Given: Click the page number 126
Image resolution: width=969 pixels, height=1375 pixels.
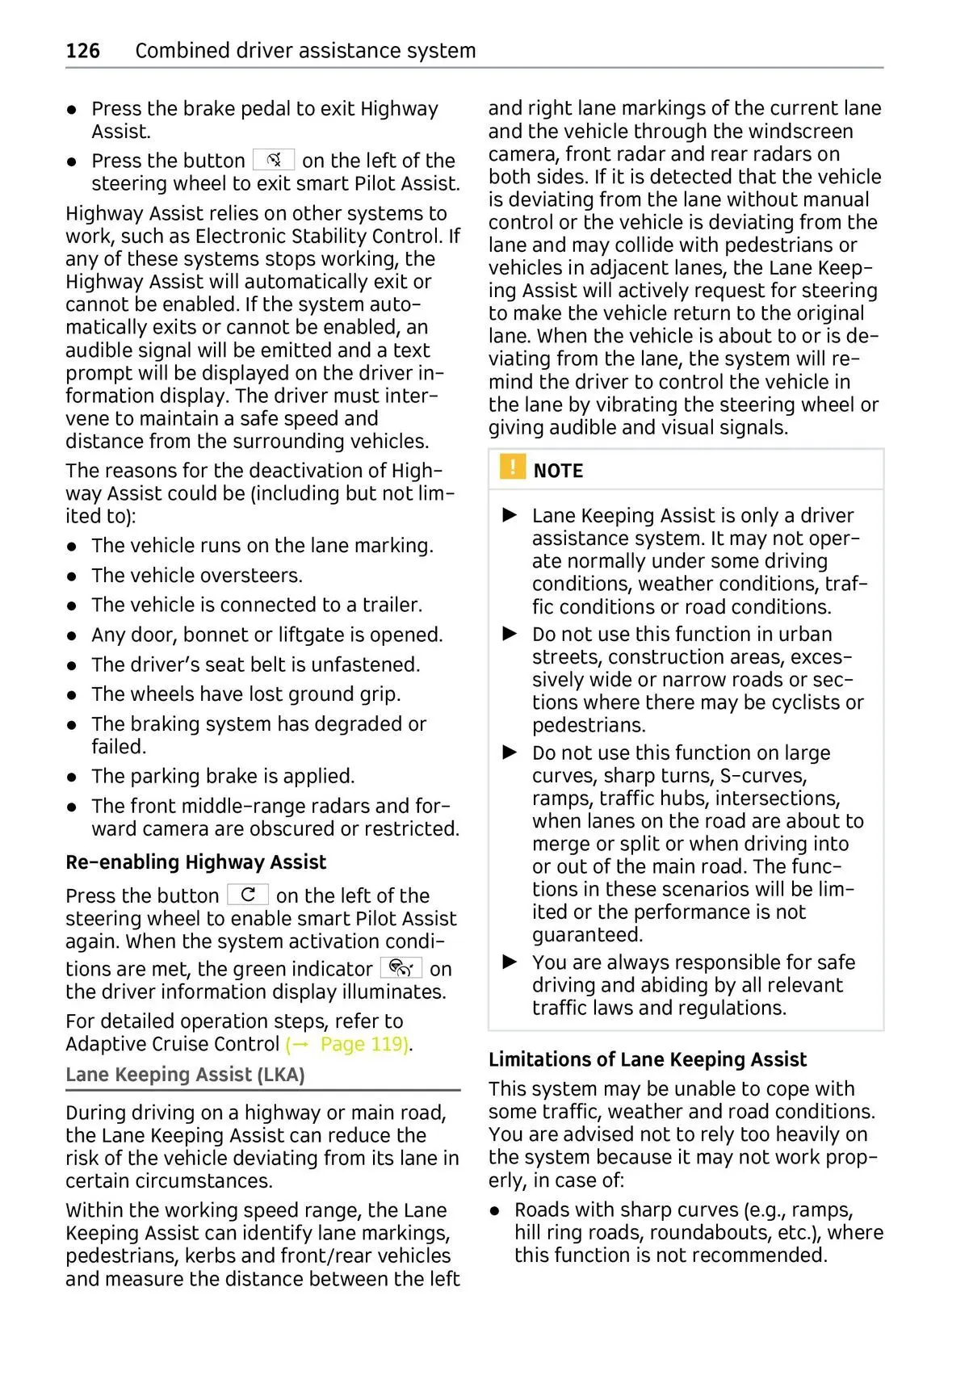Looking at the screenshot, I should (x=82, y=51).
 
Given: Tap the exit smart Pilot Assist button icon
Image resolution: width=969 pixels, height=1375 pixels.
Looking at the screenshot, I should (x=274, y=160).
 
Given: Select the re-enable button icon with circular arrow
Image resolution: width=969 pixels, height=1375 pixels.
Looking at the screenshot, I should (x=248, y=895).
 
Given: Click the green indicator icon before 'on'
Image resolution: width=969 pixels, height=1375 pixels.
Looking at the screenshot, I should (x=401, y=967).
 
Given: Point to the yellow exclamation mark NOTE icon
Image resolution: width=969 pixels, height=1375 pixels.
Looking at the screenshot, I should (x=512, y=467).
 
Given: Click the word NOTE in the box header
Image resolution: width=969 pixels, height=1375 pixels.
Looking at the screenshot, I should (x=558, y=471).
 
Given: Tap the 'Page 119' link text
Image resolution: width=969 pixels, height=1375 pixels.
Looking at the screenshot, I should (x=363, y=1044).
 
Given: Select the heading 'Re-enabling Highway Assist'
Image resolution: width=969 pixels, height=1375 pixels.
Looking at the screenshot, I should (x=195, y=862).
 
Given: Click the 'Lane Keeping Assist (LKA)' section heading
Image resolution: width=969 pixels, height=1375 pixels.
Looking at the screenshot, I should (x=185, y=1075).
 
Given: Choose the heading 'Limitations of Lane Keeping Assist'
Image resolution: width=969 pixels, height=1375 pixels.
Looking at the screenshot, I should (x=647, y=1059).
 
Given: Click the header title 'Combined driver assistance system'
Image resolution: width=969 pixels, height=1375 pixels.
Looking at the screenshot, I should (x=305, y=51).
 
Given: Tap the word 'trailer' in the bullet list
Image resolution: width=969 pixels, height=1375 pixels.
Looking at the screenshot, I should (x=391, y=605).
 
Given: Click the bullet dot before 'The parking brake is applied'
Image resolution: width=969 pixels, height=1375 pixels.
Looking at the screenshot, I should (x=72, y=777).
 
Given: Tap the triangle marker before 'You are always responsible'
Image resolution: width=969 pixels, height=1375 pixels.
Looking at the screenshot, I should (x=510, y=962).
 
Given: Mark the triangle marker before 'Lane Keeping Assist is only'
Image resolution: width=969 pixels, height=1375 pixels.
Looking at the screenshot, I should (x=510, y=515).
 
